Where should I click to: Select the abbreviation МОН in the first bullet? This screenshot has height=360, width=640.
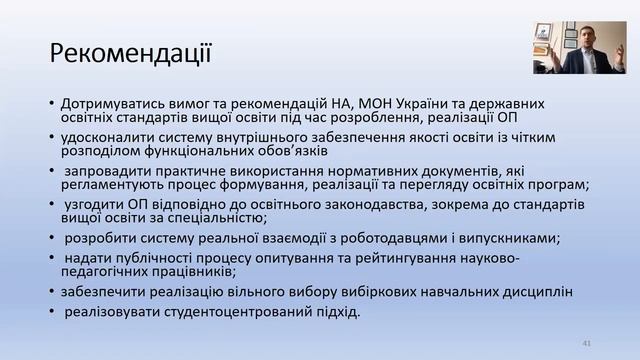[x=335, y=102]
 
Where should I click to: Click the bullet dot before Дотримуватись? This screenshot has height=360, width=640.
[x=50, y=103]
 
